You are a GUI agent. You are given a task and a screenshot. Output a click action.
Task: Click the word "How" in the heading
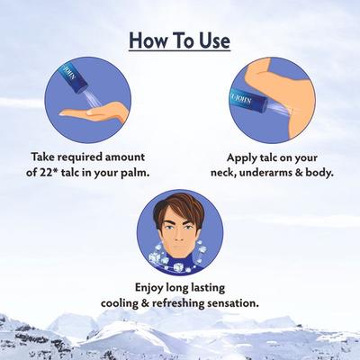[x=146, y=40]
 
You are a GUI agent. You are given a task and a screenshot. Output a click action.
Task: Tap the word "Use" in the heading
[x=214, y=40]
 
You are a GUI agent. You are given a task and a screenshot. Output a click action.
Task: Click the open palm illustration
[x=94, y=112]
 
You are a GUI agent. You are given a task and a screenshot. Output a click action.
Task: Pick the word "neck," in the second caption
[x=223, y=174]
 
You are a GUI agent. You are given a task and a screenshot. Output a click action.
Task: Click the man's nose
[x=179, y=235]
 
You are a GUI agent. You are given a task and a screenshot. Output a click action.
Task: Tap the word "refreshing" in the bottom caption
[x=178, y=303]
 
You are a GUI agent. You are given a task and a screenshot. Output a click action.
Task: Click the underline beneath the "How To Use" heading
[x=180, y=50]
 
